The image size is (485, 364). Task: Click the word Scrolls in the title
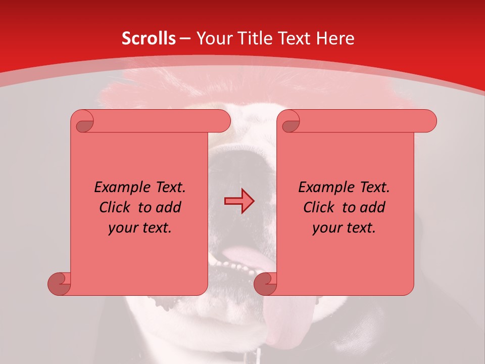pos(149,38)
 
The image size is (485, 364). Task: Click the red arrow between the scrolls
pos(239,201)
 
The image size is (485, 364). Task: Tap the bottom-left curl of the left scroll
pos(59,284)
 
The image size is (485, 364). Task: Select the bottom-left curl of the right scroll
pos(265,284)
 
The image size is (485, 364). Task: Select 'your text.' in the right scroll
pos(344,227)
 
